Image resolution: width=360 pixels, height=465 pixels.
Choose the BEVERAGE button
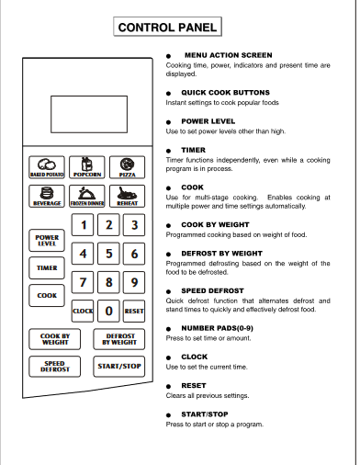[47, 195]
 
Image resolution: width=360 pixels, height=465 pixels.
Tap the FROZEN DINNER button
[86, 195]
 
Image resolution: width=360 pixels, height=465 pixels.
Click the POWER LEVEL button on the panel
[47, 240]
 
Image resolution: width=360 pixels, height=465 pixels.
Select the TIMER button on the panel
[47, 267]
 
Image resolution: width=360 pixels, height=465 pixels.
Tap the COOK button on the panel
[47, 296]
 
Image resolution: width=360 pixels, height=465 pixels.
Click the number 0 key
[109, 311]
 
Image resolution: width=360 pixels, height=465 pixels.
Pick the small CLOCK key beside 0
[84, 312]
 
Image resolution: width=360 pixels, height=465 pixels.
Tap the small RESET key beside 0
[134, 312]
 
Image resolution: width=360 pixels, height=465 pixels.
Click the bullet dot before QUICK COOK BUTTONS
[169, 94]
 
